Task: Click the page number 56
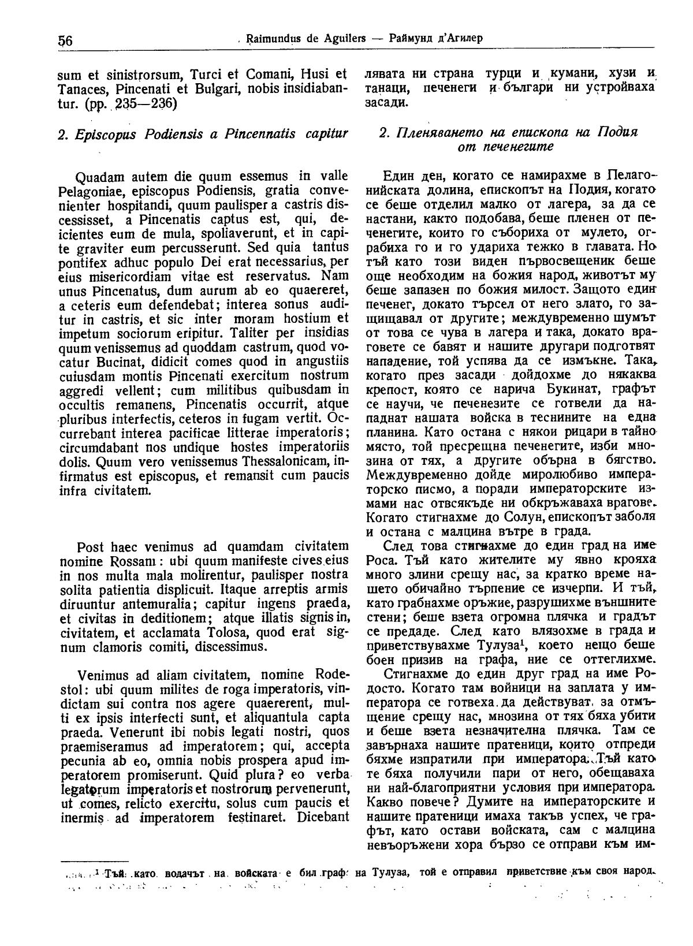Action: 64,40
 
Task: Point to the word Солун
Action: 521,517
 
